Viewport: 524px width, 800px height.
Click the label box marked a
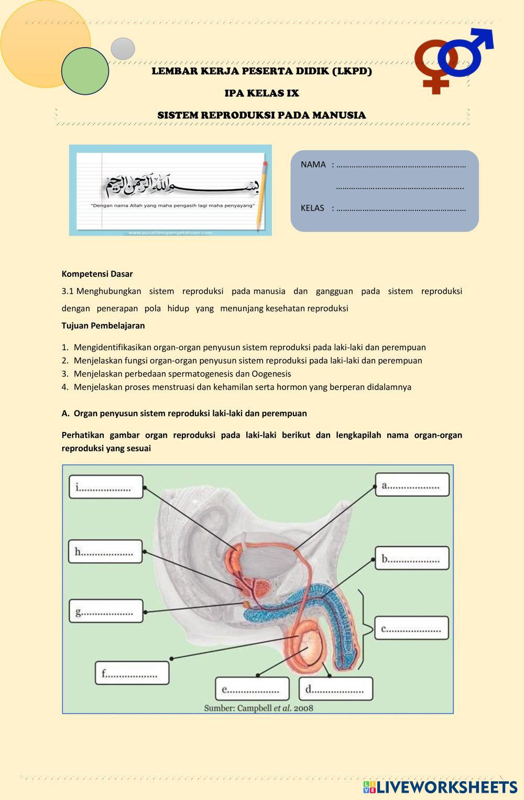pyautogui.click(x=412, y=484)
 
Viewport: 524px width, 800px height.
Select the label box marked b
pyautogui.click(x=412, y=558)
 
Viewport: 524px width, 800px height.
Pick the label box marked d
pyautogui.click(x=336, y=688)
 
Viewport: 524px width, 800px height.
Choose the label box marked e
pyautogui.click(x=252, y=688)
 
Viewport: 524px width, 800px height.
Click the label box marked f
pyautogui.click(x=132, y=673)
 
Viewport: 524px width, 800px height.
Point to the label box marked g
pyautogui.click(x=106, y=611)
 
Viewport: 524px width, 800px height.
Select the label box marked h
pyautogui.click(x=105, y=551)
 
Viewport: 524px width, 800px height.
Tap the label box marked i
pyautogui.click(x=106, y=487)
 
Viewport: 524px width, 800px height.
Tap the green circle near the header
pyautogui.click(x=85, y=71)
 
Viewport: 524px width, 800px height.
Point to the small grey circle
pyautogui.click(x=123, y=49)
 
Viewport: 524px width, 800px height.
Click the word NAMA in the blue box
pyautogui.click(x=313, y=164)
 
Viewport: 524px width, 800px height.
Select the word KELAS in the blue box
pyautogui.click(x=312, y=208)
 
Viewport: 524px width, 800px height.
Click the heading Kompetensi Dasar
pyautogui.click(x=97, y=274)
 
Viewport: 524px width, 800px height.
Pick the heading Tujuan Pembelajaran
pyautogui.click(x=103, y=325)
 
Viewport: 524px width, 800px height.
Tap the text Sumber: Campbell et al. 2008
pyautogui.click(x=258, y=708)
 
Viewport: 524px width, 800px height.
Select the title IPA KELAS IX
pyautogui.click(x=261, y=93)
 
